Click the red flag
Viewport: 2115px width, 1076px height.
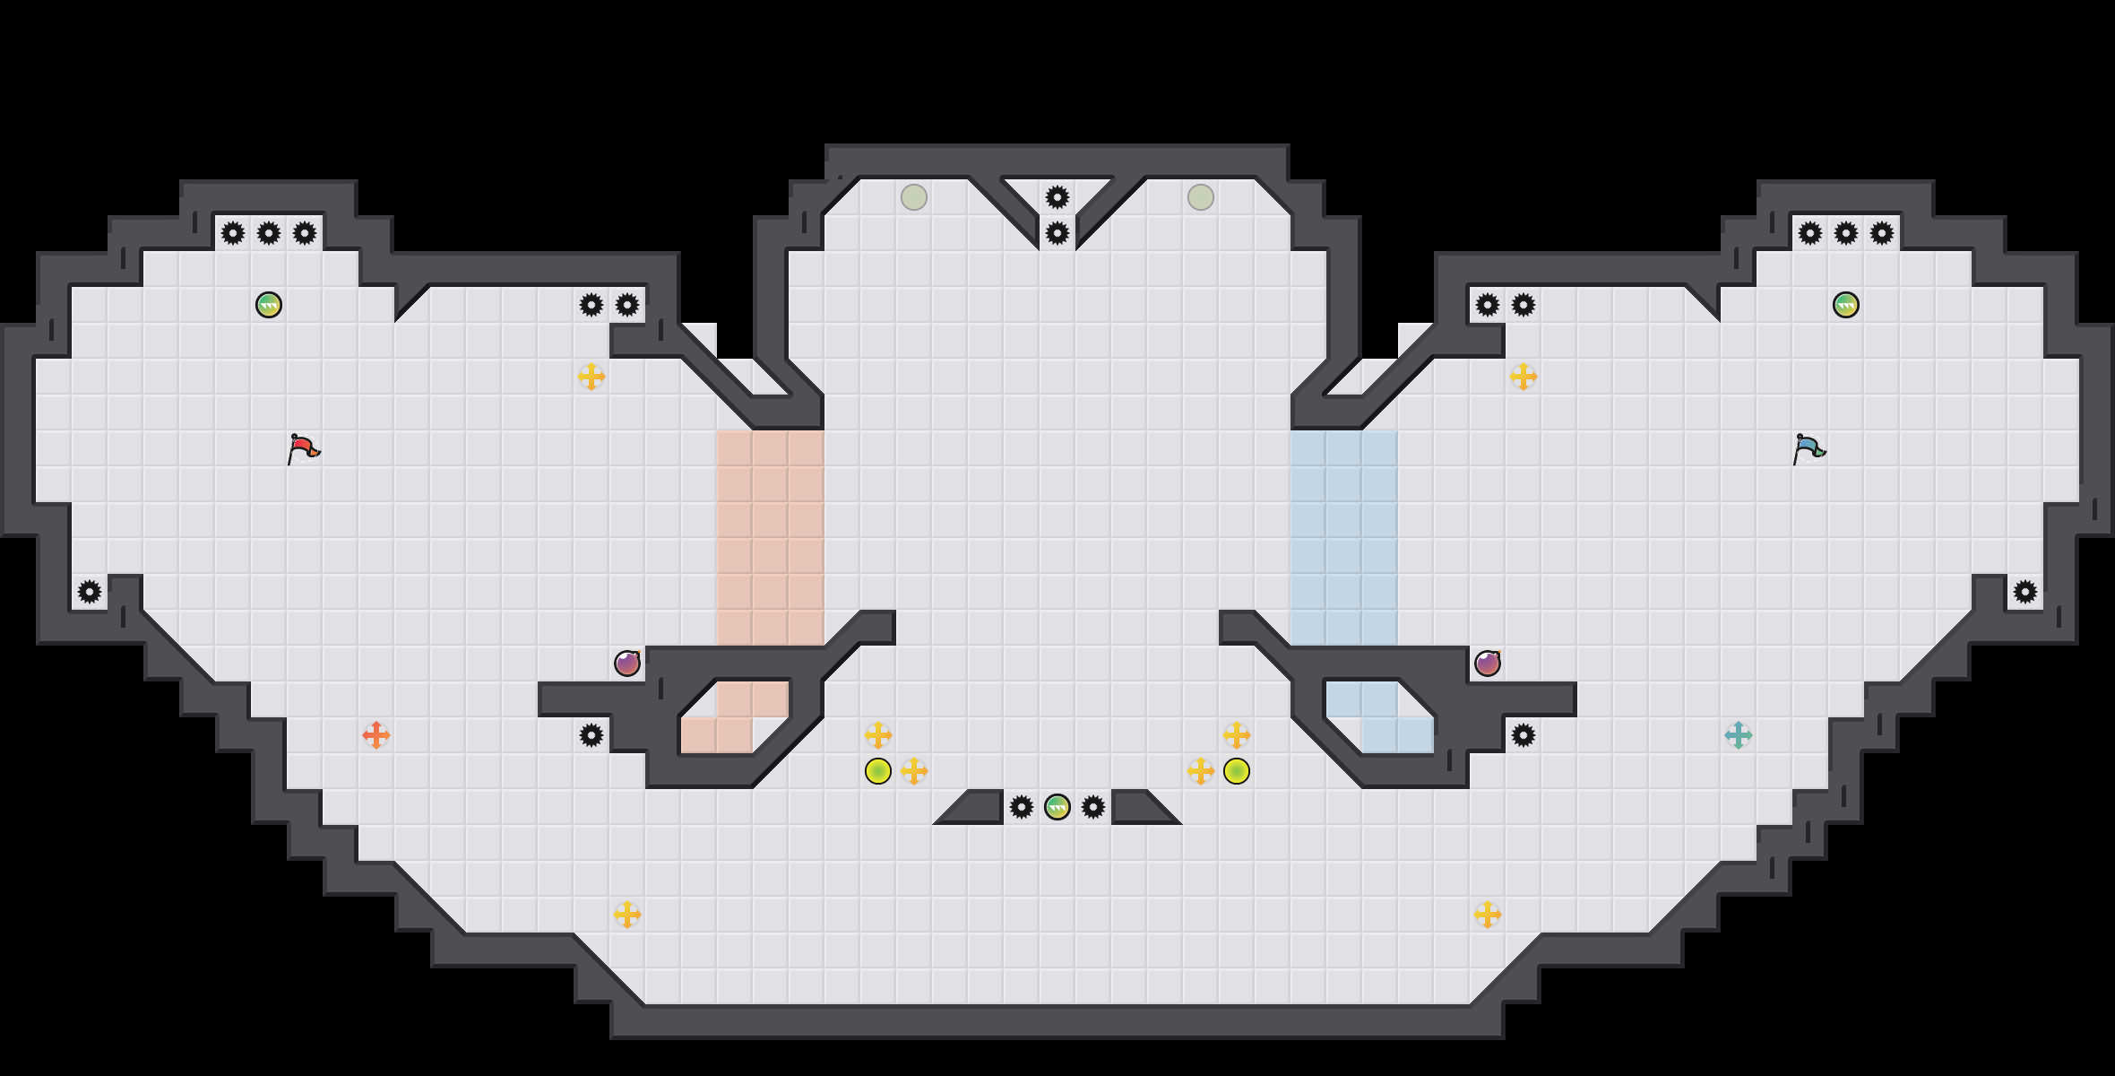pos(303,447)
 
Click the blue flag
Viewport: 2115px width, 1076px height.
pos(1809,447)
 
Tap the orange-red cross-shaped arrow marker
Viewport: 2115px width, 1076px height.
pos(376,735)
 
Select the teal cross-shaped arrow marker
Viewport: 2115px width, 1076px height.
pos(1739,735)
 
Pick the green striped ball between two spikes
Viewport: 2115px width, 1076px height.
pos(1057,807)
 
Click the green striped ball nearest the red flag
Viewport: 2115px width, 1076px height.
pos(269,305)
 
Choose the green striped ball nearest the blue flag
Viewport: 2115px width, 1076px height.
pos(1846,305)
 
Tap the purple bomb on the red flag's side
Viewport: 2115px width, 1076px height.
pos(627,664)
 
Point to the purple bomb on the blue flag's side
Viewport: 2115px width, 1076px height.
pos(1488,664)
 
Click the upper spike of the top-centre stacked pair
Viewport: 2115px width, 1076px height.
pos(1057,197)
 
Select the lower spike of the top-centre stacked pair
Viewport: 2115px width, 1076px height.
pos(1057,233)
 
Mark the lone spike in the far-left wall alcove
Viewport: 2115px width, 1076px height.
pos(90,592)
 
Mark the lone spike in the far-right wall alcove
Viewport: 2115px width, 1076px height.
pos(2025,592)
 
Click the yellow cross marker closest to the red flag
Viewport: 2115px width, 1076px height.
pos(591,377)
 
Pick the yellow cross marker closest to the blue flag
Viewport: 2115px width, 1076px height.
pos(1524,377)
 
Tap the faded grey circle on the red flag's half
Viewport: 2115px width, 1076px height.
pos(914,197)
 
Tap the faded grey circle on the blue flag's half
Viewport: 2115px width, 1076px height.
pos(1201,197)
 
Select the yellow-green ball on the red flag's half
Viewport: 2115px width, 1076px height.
pos(878,771)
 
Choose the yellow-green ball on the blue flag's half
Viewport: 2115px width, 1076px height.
pos(1237,771)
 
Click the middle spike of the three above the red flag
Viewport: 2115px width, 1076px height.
pos(269,233)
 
